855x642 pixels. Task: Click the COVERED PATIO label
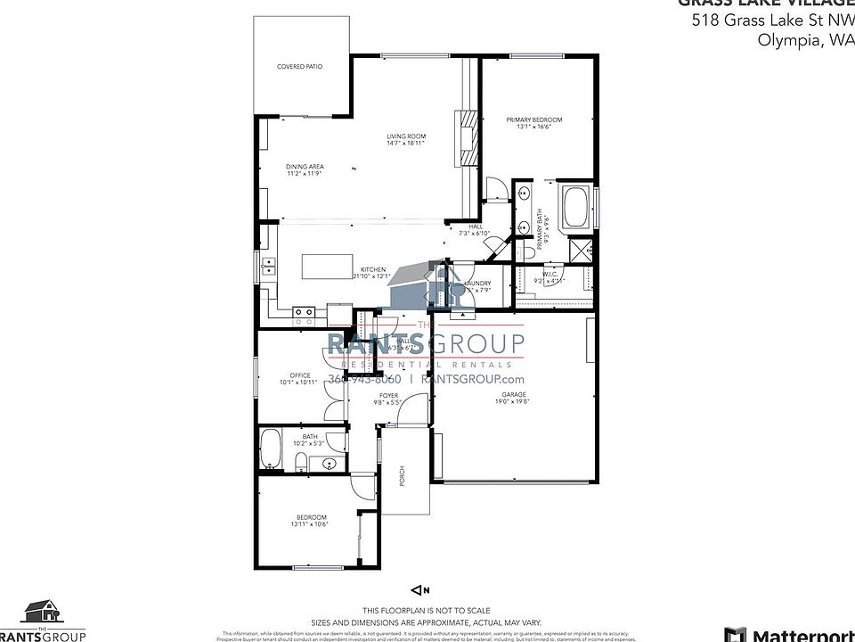299,67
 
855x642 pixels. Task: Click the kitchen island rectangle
328,267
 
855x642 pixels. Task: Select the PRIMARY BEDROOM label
534,119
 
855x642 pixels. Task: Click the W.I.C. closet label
550,276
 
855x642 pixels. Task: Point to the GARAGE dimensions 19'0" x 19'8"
514,401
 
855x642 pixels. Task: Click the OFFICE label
298,375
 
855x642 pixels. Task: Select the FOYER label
389,395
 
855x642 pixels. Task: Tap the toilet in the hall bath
301,461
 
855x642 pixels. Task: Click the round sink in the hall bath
330,464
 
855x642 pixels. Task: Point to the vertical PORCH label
403,478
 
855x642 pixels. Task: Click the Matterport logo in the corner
788,634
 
